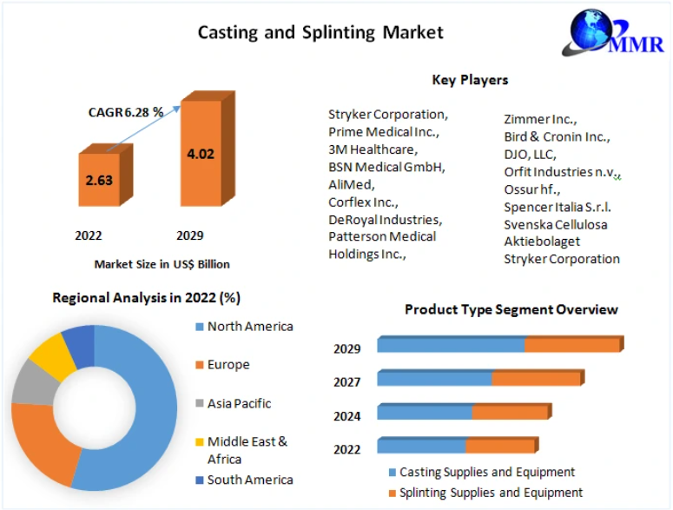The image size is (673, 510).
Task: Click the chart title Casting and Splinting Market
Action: click(x=320, y=32)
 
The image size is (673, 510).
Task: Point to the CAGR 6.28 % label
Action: click(x=126, y=112)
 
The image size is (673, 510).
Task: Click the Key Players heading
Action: click(x=470, y=80)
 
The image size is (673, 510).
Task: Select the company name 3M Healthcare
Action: click(x=372, y=149)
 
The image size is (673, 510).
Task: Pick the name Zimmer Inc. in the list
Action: click(x=540, y=119)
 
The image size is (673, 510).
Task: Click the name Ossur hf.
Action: click(x=532, y=189)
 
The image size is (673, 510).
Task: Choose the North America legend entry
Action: click(x=249, y=327)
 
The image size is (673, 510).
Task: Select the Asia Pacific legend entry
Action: click(x=239, y=403)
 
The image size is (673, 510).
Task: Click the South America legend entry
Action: click(x=249, y=480)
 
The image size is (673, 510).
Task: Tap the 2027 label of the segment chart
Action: click(x=347, y=382)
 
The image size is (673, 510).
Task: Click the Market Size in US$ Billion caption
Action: click(x=162, y=263)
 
